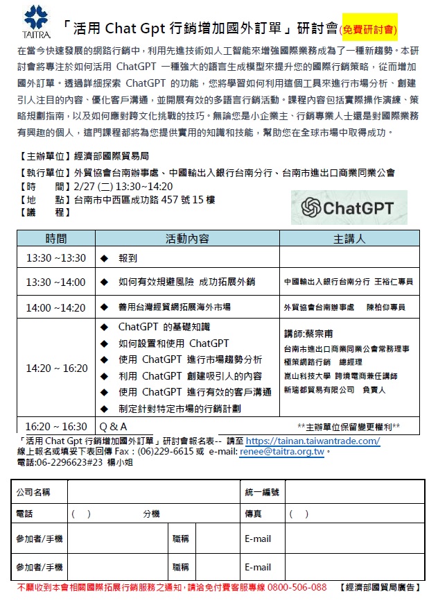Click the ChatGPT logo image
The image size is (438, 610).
pyautogui.click(x=349, y=207)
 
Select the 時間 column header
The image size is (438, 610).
pyautogui.click(x=56, y=239)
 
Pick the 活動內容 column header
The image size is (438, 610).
pyautogui.click(x=186, y=239)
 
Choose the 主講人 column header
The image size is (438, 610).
pyautogui.click(x=349, y=239)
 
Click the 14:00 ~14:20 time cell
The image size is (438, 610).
pyautogui.click(x=56, y=307)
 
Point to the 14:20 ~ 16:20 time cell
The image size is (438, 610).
pyautogui.click(x=56, y=368)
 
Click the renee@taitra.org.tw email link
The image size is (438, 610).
pyautogui.click(x=282, y=452)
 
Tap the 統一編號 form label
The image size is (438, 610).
pyautogui.click(x=262, y=492)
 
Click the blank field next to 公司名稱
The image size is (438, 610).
pyautogui.click(x=152, y=492)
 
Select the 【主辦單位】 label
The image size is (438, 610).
pyautogui.click(x=43, y=155)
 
